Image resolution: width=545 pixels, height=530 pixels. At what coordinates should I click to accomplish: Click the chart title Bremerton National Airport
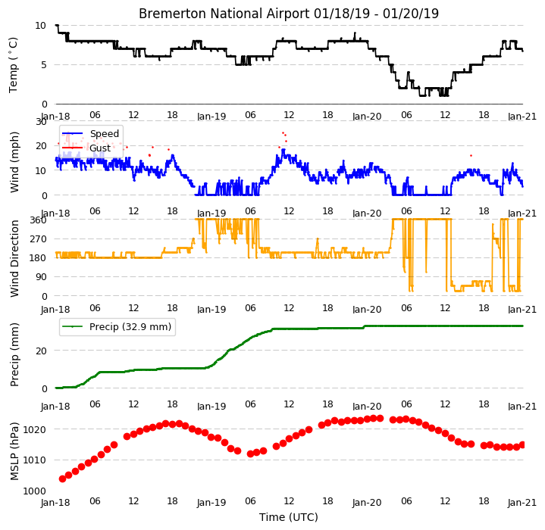[224, 14]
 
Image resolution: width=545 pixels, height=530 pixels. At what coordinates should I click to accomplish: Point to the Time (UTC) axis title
[289, 517]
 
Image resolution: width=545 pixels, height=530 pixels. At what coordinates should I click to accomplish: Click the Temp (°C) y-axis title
[13, 65]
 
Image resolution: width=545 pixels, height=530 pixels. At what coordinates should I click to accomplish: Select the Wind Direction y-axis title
[14, 259]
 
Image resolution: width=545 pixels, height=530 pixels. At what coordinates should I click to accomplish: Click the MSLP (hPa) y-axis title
[14, 451]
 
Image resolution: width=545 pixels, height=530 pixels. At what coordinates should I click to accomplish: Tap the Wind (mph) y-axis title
[14, 163]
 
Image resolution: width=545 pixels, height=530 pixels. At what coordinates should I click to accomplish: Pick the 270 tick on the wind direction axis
[39, 239]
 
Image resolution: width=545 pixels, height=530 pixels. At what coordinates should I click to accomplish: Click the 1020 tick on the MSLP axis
[34, 430]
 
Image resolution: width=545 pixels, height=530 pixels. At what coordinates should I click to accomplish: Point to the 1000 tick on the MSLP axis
[34, 491]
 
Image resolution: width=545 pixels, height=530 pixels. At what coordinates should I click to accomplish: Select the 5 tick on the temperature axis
[44, 65]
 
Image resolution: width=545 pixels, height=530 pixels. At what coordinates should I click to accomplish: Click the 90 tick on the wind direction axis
[42, 277]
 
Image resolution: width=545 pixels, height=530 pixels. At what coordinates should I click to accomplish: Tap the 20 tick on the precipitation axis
[42, 351]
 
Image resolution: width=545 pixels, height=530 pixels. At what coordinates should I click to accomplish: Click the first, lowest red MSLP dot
[63, 479]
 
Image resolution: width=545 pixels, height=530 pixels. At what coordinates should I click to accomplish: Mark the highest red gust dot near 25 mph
[283, 133]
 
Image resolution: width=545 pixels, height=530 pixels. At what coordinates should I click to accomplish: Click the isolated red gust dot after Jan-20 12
[471, 156]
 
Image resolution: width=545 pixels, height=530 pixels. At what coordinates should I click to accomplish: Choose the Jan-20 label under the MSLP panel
[367, 502]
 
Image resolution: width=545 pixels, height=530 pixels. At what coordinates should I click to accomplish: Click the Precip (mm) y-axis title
[14, 355]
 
